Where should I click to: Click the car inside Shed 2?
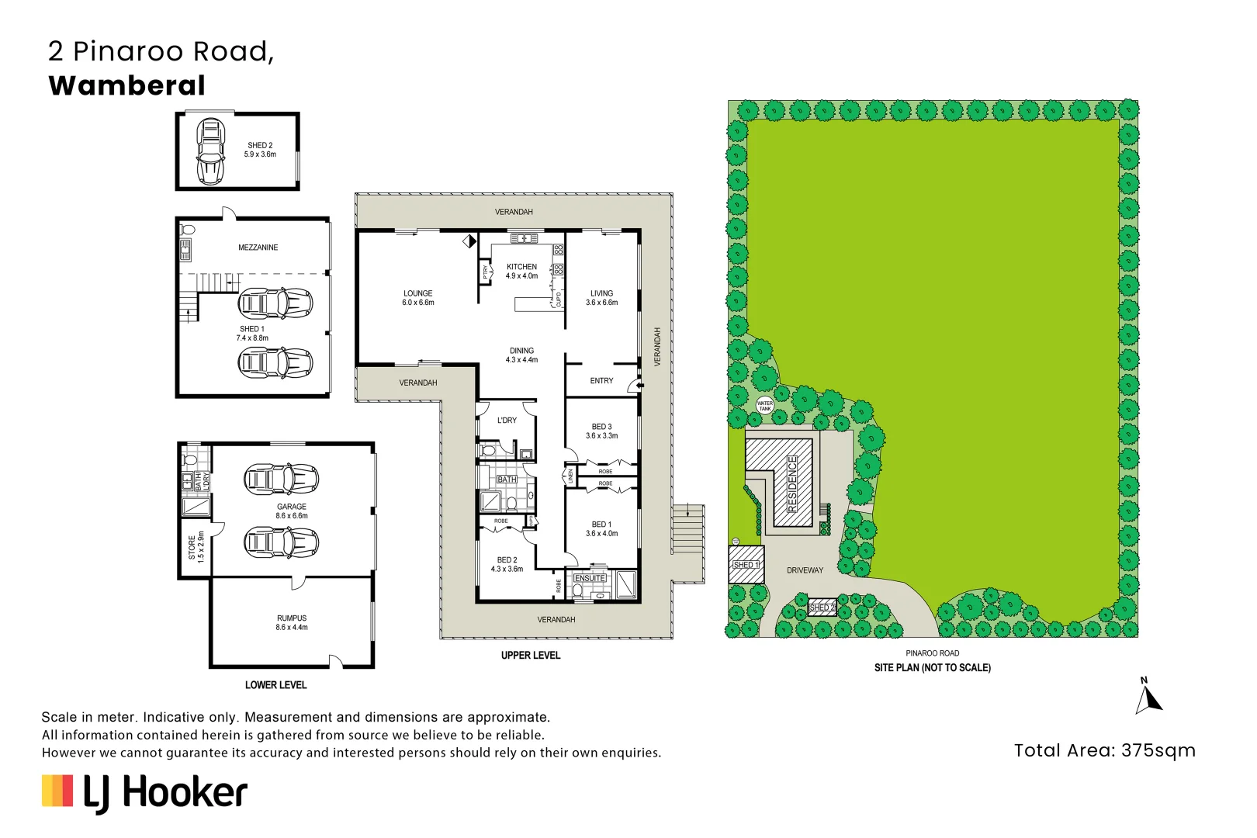pyautogui.click(x=210, y=151)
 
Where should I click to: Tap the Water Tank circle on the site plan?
pyautogui.click(x=764, y=405)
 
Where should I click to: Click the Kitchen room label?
pyautogui.click(x=522, y=271)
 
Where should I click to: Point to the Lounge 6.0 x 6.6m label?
pyautogui.click(x=418, y=297)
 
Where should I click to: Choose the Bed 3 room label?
pyautogui.click(x=601, y=431)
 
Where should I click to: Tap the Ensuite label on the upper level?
pyautogui.click(x=590, y=577)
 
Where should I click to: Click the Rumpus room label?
pyautogui.click(x=291, y=622)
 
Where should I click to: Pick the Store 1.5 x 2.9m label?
pyautogui.click(x=196, y=547)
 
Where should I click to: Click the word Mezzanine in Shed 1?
pyautogui.click(x=258, y=247)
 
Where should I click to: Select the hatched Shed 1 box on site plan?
pyautogui.click(x=746, y=564)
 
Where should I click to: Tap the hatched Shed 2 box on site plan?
pyautogui.click(x=822, y=608)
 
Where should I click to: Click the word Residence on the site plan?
pyautogui.click(x=792, y=484)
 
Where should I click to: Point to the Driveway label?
pyautogui.click(x=805, y=570)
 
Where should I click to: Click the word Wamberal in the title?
pyautogui.click(x=126, y=86)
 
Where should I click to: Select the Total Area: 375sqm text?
pyautogui.click(x=1104, y=750)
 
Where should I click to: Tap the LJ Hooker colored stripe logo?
pyautogui.click(x=57, y=791)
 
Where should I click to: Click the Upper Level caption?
pyautogui.click(x=530, y=655)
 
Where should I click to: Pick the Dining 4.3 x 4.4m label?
pyautogui.click(x=522, y=355)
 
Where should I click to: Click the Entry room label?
pyautogui.click(x=601, y=380)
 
